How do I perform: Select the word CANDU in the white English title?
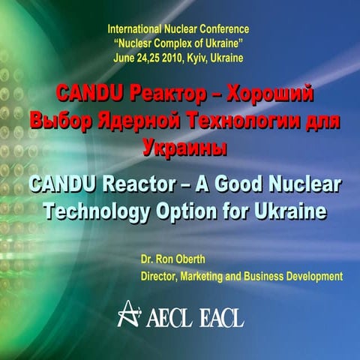[x=63, y=184]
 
